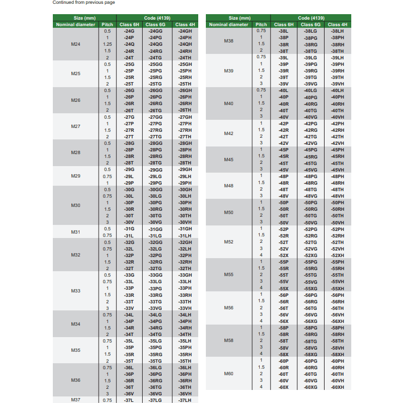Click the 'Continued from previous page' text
(x=83, y=3)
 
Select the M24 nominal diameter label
(x=76, y=44)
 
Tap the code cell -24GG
(x=155, y=31)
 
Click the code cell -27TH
(x=185, y=137)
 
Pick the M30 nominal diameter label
(x=76, y=205)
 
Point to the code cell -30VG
(x=155, y=222)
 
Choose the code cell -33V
(x=129, y=308)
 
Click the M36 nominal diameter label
(x=76, y=381)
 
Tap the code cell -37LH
(x=185, y=400)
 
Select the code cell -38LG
(x=310, y=31)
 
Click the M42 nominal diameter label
(x=229, y=133)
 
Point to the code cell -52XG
(x=310, y=255)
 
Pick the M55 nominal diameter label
(x=229, y=275)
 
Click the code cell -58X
(x=283, y=354)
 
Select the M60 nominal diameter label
(x=229, y=374)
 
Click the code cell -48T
(x=283, y=190)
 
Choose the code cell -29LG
(x=155, y=176)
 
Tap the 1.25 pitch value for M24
(x=107, y=44)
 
